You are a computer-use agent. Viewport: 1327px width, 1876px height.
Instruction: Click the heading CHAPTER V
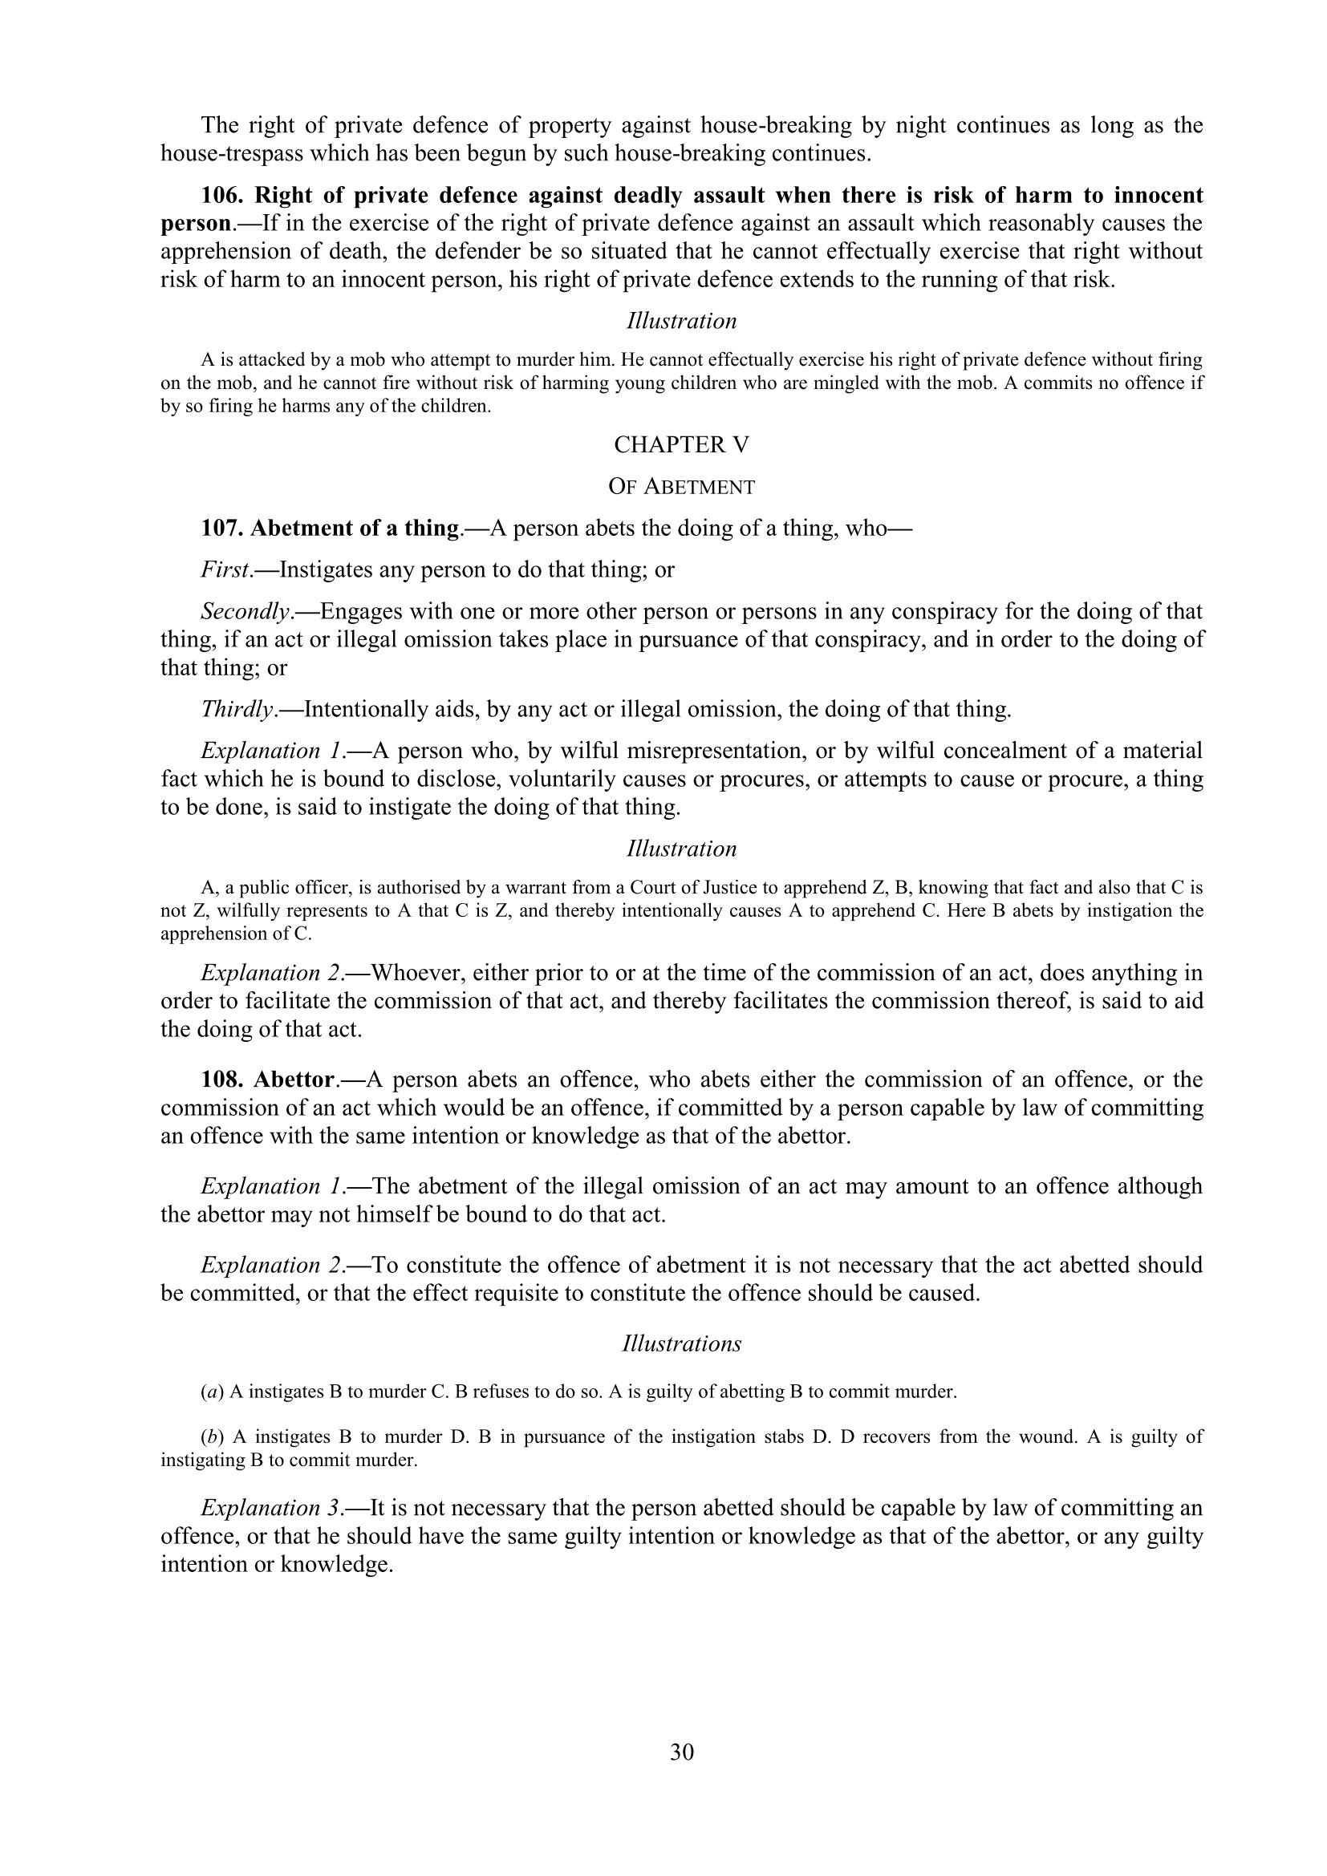681,444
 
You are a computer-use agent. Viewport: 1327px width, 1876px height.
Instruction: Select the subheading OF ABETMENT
681,487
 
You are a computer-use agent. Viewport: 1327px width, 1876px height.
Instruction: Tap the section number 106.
224,195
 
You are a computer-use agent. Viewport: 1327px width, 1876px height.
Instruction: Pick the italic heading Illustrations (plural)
681,1344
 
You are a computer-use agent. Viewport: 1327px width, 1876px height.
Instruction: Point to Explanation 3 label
275,1508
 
